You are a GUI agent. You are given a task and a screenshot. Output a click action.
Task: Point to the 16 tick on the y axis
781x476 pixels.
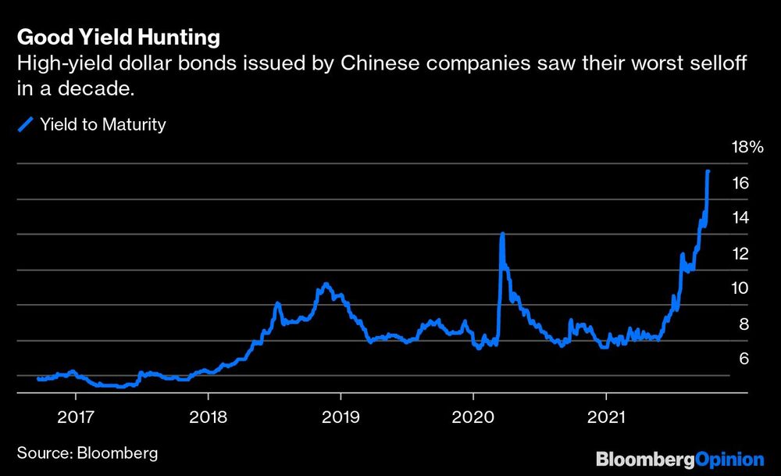[741, 183]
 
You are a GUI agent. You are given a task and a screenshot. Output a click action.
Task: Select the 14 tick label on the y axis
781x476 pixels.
[741, 218]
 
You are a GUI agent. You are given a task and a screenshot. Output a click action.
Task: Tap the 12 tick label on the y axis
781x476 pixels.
[741, 253]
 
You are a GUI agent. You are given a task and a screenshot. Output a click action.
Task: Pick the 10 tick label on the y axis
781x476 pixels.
[741, 288]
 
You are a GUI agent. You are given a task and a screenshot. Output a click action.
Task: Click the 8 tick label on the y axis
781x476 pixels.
[744, 324]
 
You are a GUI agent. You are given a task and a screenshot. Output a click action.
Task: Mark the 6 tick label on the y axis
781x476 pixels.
[744, 359]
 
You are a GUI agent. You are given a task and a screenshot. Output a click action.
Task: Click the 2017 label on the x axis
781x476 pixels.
[75, 415]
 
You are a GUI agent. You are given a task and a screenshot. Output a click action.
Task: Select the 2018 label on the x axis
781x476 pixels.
[208, 415]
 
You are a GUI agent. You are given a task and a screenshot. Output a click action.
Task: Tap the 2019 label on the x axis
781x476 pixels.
[341, 415]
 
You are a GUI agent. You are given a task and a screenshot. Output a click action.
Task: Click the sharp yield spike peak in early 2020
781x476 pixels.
[502, 234]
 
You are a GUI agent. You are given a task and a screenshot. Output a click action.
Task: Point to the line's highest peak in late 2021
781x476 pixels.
[708, 171]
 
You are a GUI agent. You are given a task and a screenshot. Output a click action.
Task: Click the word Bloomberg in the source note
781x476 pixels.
[114, 453]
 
